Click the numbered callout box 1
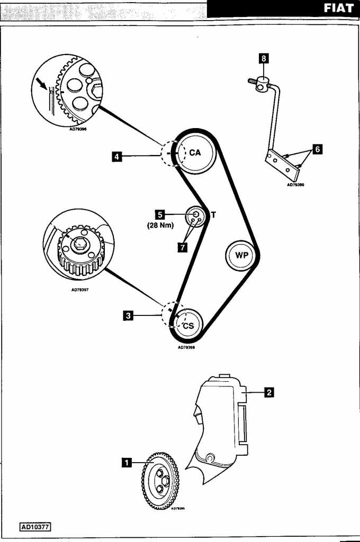(127, 462)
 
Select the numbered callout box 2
(269, 392)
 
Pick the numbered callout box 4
(116, 156)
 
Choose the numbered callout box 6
(317, 149)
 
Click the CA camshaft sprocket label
(195, 152)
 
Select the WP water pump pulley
(242, 255)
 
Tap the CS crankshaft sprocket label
(188, 326)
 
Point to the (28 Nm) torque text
(160, 225)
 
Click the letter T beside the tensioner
(213, 215)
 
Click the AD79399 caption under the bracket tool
(295, 185)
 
